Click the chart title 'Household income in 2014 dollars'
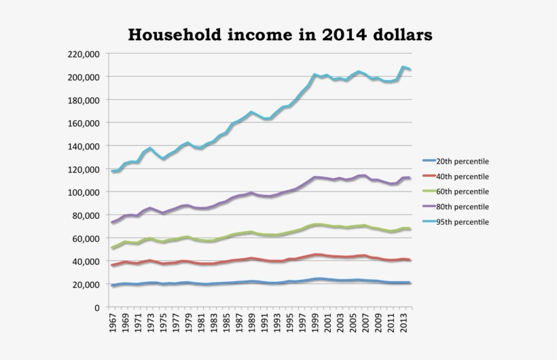coord(280,34)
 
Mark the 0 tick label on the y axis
coord(98,308)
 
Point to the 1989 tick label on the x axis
coord(252,324)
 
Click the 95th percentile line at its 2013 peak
coord(403,67)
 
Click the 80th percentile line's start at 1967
coord(113,223)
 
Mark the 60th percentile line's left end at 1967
coord(113,248)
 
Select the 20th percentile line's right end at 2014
coord(410,283)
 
